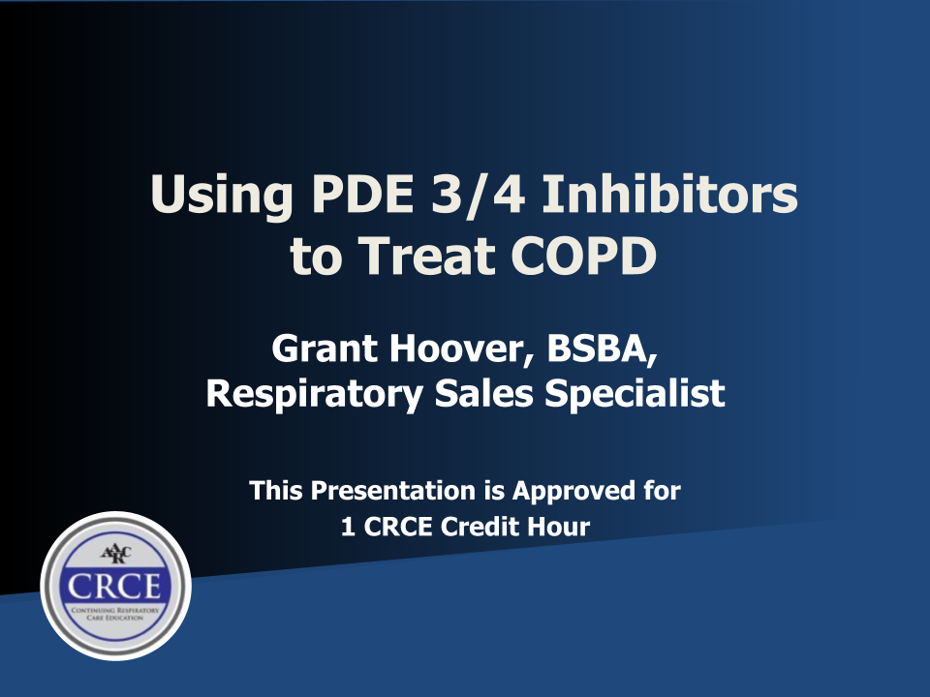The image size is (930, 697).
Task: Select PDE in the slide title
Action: pyautogui.click(x=362, y=194)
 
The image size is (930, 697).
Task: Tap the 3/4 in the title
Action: pyautogui.click(x=478, y=195)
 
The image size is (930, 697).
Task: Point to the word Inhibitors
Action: pyautogui.click(x=669, y=194)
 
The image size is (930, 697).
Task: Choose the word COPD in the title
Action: pyautogui.click(x=583, y=256)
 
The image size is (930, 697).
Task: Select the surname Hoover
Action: pyautogui.click(x=461, y=348)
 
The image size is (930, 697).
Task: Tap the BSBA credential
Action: pyautogui.click(x=602, y=348)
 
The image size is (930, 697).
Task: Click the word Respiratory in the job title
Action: pyautogui.click(x=314, y=394)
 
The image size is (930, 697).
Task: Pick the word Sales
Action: pyautogui.click(x=484, y=393)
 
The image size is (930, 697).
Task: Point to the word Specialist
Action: pyautogui.click(x=635, y=394)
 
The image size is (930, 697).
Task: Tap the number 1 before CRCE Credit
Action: pyautogui.click(x=348, y=527)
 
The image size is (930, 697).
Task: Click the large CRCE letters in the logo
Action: pyautogui.click(x=114, y=587)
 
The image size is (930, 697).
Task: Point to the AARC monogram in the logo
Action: pyautogui.click(x=115, y=554)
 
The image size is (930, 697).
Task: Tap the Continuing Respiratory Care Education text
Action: pyautogui.click(x=115, y=614)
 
